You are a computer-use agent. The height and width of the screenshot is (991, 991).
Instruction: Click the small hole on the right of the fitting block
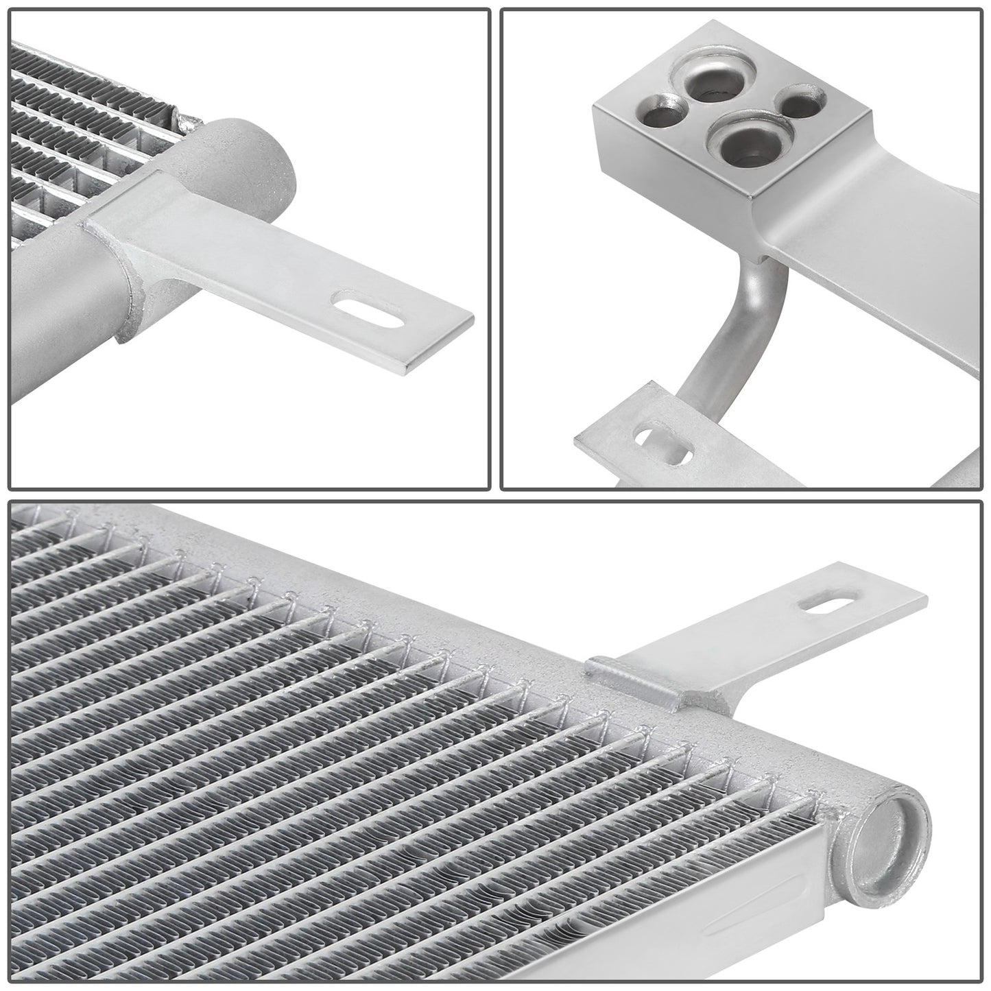[798, 104]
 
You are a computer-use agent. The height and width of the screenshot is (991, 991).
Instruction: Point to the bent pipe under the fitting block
[727, 336]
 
